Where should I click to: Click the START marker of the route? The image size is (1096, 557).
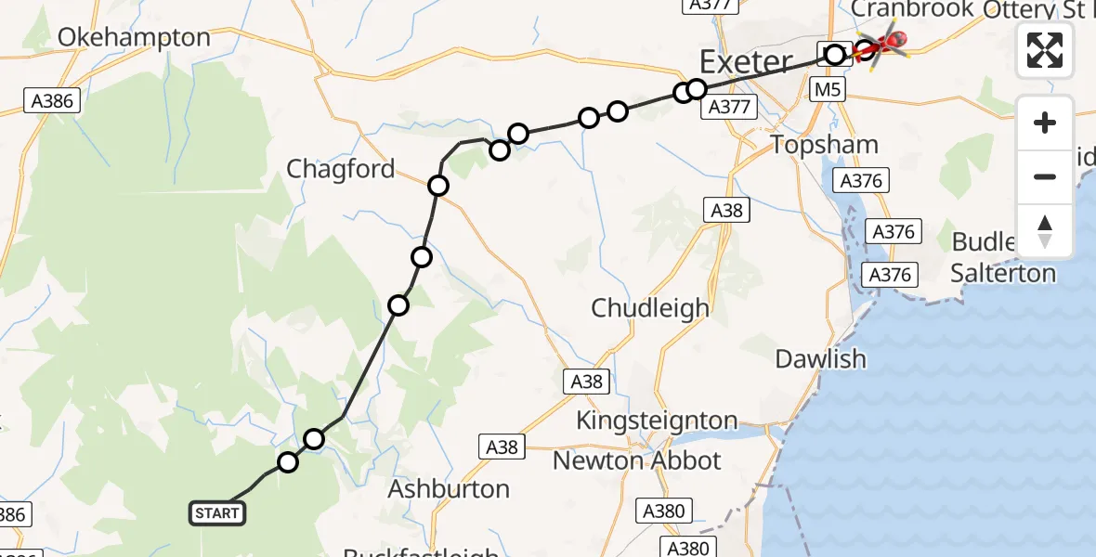pyautogui.click(x=218, y=512)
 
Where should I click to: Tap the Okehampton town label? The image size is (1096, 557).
pyautogui.click(x=135, y=38)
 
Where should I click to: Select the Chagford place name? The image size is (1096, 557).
pyautogui.click(x=341, y=169)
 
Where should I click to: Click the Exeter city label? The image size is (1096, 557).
pyautogui.click(x=746, y=63)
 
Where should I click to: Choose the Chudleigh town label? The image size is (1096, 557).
pyautogui.click(x=650, y=308)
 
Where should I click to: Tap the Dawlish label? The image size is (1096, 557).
pyautogui.click(x=820, y=359)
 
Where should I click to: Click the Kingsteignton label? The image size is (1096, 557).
pyautogui.click(x=657, y=421)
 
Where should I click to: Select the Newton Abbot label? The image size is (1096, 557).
pyautogui.click(x=636, y=460)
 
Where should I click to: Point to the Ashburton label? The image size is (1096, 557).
pyautogui.click(x=449, y=489)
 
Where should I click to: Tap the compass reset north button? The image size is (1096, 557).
pyautogui.click(x=1045, y=230)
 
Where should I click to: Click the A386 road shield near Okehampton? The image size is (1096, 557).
pyautogui.click(x=52, y=101)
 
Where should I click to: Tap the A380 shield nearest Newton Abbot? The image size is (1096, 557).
pyautogui.click(x=663, y=511)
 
